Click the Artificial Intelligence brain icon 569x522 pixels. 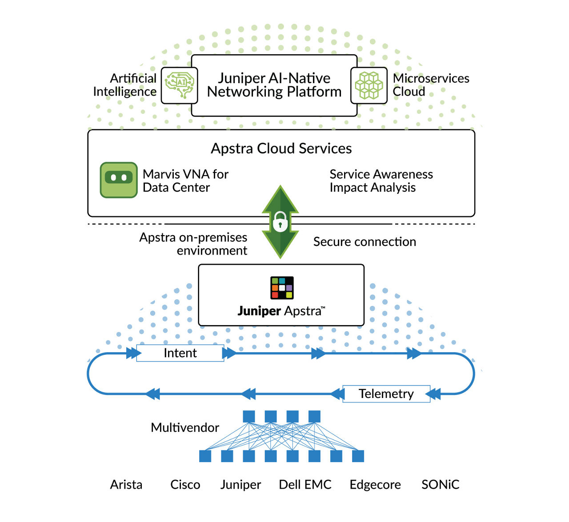[179, 85]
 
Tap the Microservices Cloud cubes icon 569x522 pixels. [369, 85]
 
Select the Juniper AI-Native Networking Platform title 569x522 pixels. [274, 85]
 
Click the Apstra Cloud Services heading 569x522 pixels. [281, 149]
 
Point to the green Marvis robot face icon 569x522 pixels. [119, 180]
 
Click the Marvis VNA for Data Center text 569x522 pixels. [185, 181]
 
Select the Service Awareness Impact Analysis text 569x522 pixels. [381, 181]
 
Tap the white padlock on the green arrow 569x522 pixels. [280, 221]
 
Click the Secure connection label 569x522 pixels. [365, 242]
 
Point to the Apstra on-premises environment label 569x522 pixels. [193, 244]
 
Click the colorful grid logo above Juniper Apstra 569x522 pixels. [282, 288]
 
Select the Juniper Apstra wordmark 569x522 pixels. [281, 311]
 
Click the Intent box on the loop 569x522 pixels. [180, 353]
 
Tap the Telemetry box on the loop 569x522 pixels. [386, 394]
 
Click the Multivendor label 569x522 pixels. [185, 428]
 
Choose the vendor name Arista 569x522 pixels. [126, 485]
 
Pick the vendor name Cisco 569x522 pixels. [185, 485]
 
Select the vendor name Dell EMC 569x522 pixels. [305, 485]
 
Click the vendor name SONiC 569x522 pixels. [440, 485]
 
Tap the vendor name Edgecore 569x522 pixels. [375, 485]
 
